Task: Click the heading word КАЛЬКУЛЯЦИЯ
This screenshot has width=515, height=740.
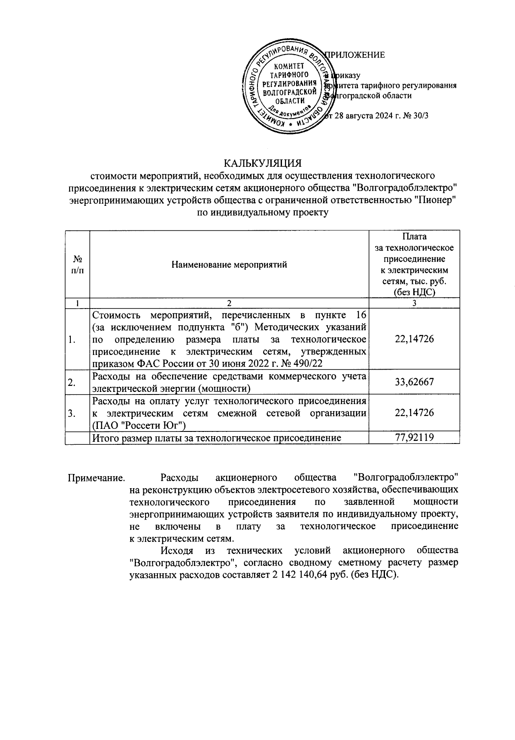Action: coord(263,163)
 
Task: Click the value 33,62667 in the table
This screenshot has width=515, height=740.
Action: coord(414,382)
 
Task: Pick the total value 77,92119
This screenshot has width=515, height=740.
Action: coord(414,438)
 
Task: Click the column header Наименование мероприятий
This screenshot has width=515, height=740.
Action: coord(229,265)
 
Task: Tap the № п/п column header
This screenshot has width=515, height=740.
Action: coord(77,265)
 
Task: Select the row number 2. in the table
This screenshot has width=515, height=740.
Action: coord(72,382)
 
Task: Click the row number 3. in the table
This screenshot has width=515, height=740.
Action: coord(72,413)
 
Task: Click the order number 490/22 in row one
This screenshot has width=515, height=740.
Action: coord(306,364)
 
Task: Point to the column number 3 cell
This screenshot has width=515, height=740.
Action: coord(414,303)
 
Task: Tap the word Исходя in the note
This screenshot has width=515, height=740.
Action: coord(176,550)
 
